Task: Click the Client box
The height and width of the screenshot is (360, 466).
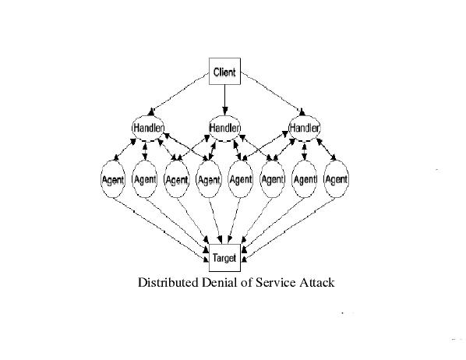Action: [x=224, y=72]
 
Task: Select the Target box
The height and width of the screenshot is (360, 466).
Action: [x=224, y=258]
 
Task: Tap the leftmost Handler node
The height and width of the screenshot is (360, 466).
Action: [x=148, y=128]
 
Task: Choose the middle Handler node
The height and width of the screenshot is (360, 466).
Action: [x=224, y=128]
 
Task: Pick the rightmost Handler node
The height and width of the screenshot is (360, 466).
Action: [x=305, y=128]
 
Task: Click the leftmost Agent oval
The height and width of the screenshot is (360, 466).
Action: [x=113, y=179]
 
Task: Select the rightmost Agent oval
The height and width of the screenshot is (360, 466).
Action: [x=336, y=179]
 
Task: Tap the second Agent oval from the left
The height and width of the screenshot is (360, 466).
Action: [x=145, y=179]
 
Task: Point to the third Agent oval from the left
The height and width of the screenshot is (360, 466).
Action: [x=177, y=179]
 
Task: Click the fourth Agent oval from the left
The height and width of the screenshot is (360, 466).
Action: [x=209, y=179]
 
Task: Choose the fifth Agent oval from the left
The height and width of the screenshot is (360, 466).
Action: [x=241, y=179]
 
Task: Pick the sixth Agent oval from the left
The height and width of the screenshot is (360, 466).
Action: [x=273, y=179]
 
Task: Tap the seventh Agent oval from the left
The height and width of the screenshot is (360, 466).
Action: [x=305, y=179]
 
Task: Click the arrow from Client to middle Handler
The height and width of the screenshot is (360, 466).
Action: [x=224, y=100]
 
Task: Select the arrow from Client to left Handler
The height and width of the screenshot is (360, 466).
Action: [x=178, y=94]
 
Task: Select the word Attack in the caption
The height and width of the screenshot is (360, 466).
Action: [x=317, y=282]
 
